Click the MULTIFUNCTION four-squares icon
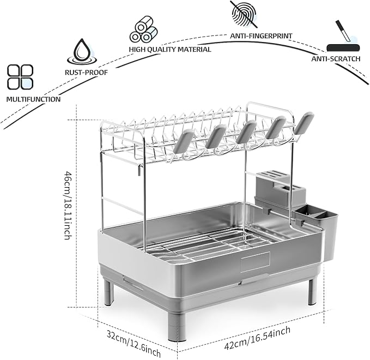20,77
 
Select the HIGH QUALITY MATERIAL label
169,49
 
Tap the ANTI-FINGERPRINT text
262,35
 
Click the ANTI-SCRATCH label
339,58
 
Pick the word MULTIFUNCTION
33,100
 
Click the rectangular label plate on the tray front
255,262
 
